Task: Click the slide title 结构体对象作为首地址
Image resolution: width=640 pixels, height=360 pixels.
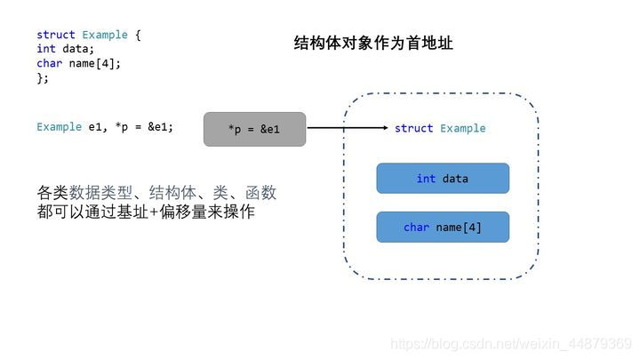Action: (373, 43)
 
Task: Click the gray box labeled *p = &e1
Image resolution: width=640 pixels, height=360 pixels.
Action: (254, 129)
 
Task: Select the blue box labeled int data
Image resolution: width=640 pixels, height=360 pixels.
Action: (443, 179)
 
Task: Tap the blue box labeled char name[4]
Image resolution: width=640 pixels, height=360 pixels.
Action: (443, 227)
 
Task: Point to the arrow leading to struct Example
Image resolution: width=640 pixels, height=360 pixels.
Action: (347, 128)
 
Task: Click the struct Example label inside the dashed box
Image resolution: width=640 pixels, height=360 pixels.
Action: (440, 128)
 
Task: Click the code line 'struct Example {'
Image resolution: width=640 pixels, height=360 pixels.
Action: (89, 36)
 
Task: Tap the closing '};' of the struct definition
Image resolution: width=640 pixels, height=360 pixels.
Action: (43, 78)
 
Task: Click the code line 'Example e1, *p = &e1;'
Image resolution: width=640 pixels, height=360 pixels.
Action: (105, 127)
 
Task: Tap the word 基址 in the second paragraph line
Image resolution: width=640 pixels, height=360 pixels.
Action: (140, 212)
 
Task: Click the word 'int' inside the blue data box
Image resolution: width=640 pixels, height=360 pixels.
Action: (426, 179)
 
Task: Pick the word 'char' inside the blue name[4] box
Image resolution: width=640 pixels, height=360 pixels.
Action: (416, 227)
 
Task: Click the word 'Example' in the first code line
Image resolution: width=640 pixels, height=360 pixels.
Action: (105, 36)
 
